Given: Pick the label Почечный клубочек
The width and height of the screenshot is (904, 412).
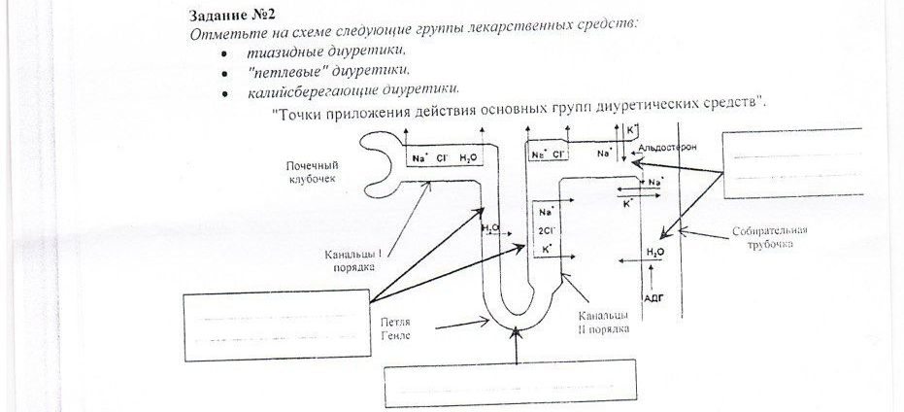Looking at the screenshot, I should click(313, 172).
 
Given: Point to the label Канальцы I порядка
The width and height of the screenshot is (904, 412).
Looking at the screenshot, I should click(352, 260).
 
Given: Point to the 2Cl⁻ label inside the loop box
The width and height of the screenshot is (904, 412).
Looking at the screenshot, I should click(545, 230).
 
